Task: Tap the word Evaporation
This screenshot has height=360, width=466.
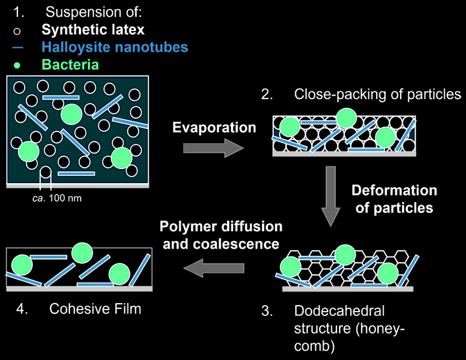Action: pyautogui.click(x=214, y=128)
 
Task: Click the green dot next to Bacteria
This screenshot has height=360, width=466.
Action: pyautogui.click(x=19, y=65)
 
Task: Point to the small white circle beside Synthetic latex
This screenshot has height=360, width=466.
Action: pyautogui.click(x=19, y=30)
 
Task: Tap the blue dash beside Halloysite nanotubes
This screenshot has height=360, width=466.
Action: pyautogui.click(x=19, y=47)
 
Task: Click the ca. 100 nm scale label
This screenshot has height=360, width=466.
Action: pyautogui.click(x=58, y=197)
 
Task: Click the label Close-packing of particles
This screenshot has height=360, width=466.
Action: pyautogui.click(x=377, y=94)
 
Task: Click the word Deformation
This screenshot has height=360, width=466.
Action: pyautogui.click(x=394, y=190)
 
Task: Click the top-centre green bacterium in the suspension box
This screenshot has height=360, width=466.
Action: pyautogui.click(x=71, y=114)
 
